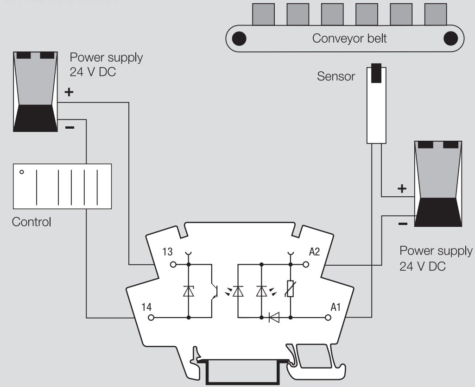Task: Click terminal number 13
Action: [x=168, y=252]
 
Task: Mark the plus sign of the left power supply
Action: [x=69, y=92]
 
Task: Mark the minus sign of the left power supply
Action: [x=69, y=126]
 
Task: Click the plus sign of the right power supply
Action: [x=402, y=189]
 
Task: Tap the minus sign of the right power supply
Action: [x=402, y=224]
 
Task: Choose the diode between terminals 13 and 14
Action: [x=189, y=291]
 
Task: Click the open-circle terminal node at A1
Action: [x=329, y=318]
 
